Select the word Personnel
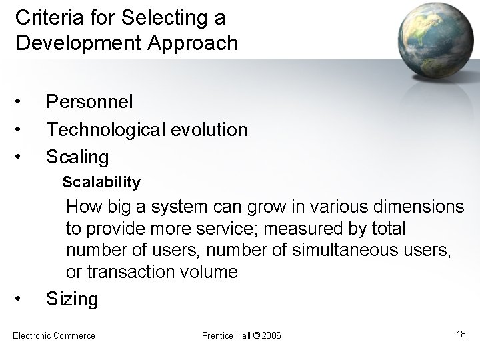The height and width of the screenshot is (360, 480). [89, 101]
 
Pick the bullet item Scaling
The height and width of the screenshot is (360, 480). [77, 157]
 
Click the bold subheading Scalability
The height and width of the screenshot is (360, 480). [101, 181]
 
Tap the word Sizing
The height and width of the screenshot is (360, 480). [71, 299]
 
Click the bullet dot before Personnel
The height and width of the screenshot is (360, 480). [21, 102]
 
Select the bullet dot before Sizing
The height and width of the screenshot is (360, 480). [21, 298]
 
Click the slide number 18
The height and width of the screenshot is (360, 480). [461, 333]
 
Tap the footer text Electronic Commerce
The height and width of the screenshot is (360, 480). [54, 335]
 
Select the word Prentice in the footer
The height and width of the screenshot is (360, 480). [217, 335]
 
